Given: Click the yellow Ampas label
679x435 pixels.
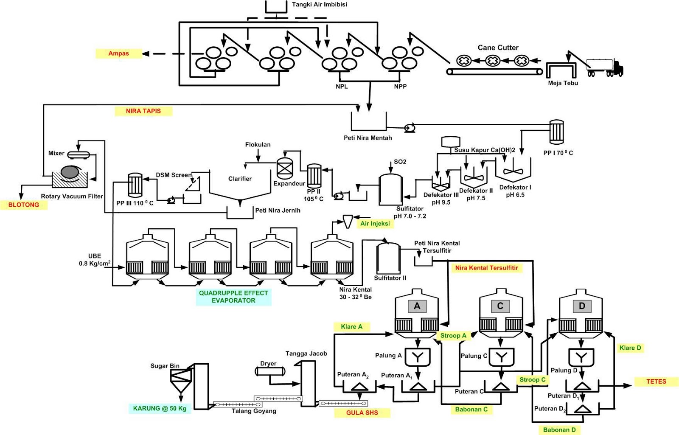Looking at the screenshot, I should (118, 53).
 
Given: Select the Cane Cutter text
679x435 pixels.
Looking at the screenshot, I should (498, 48).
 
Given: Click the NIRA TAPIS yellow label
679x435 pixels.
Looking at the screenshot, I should (143, 111).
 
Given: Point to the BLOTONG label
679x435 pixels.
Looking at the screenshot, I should (24, 205).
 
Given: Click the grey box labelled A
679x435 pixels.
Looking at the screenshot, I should (417, 306).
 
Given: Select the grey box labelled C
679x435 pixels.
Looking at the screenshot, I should (500, 306).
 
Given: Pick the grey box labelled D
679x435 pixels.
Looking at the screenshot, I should (582, 306).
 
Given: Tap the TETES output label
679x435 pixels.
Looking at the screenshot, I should (656, 382).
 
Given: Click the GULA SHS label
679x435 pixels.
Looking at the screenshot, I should (362, 413).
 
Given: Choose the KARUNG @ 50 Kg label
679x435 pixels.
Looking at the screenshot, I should (160, 409).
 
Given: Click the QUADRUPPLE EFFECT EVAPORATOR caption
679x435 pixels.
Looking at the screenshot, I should (233, 297).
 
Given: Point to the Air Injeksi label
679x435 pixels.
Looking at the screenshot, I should (375, 224).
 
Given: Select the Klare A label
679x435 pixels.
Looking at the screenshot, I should (352, 327).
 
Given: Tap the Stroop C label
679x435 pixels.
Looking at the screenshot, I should (533, 380).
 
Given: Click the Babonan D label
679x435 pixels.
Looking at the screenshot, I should (559, 430).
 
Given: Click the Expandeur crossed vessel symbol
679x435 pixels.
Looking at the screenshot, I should (285, 168).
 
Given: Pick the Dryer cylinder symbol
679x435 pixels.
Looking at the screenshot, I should (269, 372).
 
